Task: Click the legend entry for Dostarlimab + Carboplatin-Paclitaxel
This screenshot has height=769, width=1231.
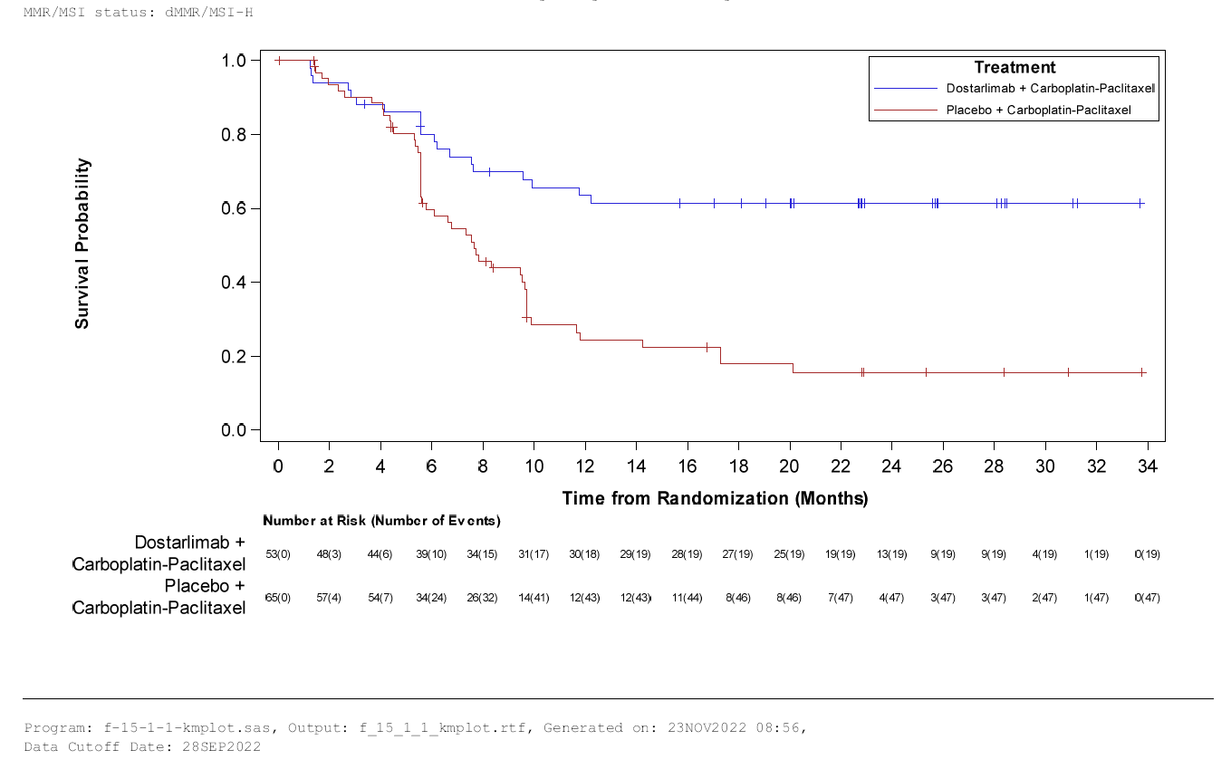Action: click(1050, 89)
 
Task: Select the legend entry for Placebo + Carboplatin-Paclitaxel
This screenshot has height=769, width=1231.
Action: click(1039, 110)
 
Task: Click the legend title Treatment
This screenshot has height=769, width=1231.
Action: click(1015, 67)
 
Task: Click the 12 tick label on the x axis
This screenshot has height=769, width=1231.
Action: click(586, 467)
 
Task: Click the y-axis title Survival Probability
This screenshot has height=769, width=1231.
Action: click(82, 244)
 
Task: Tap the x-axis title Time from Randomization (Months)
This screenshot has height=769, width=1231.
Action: click(715, 498)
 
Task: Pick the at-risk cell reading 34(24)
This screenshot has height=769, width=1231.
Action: click(431, 598)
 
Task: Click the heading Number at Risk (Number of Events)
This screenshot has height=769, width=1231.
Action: click(381, 521)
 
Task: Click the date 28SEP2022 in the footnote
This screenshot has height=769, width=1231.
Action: click(221, 747)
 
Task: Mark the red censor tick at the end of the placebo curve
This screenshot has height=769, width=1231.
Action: click(1142, 372)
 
